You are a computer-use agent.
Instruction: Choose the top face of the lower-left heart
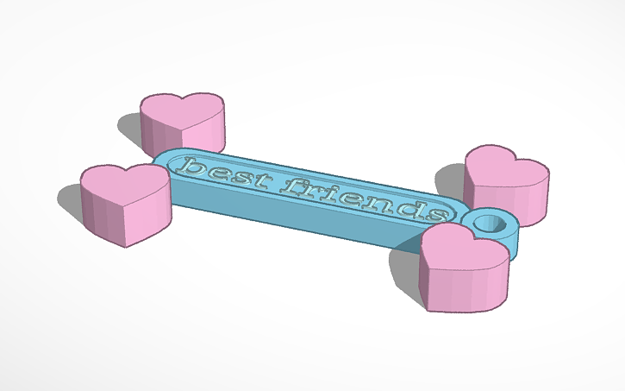tap(126, 180)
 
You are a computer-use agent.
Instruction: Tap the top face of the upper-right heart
tap(507, 163)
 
